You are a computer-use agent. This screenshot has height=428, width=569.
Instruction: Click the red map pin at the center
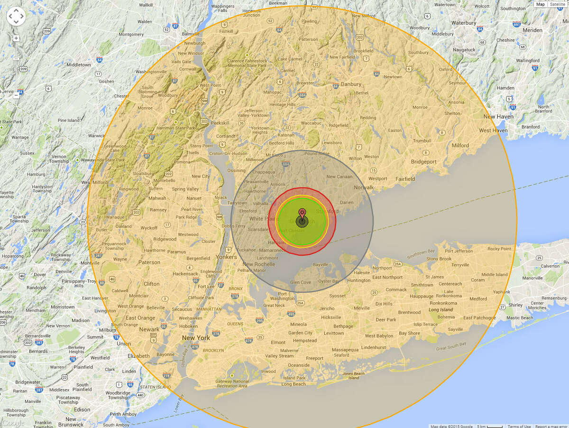pyautogui.click(x=302, y=213)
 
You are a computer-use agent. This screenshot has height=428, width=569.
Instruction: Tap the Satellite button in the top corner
pyautogui.click(x=558, y=4)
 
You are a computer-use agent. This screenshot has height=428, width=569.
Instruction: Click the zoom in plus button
pyautogui.click(x=16, y=38)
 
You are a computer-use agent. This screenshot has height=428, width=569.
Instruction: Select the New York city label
pyautogui.click(x=196, y=338)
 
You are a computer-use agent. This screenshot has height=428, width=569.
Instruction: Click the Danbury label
pyautogui.click(x=351, y=84)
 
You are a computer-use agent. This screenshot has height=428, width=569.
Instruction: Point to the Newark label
pyautogui.click(x=149, y=329)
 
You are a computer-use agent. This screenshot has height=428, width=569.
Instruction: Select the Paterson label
pyautogui.click(x=149, y=262)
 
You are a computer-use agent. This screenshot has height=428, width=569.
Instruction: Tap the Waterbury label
pyautogui.click(x=464, y=23)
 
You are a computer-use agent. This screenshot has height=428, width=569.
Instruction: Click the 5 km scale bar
pyautogui.click(x=489, y=426)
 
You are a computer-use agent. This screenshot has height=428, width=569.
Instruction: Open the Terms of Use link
pyautogui.click(x=519, y=426)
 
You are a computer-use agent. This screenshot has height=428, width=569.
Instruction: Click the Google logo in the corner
pyautogui.click(x=13, y=423)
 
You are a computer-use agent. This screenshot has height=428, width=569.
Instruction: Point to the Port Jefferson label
pyautogui.click(x=459, y=251)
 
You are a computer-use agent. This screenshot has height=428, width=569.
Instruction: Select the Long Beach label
pyautogui.click(x=294, y=384)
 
